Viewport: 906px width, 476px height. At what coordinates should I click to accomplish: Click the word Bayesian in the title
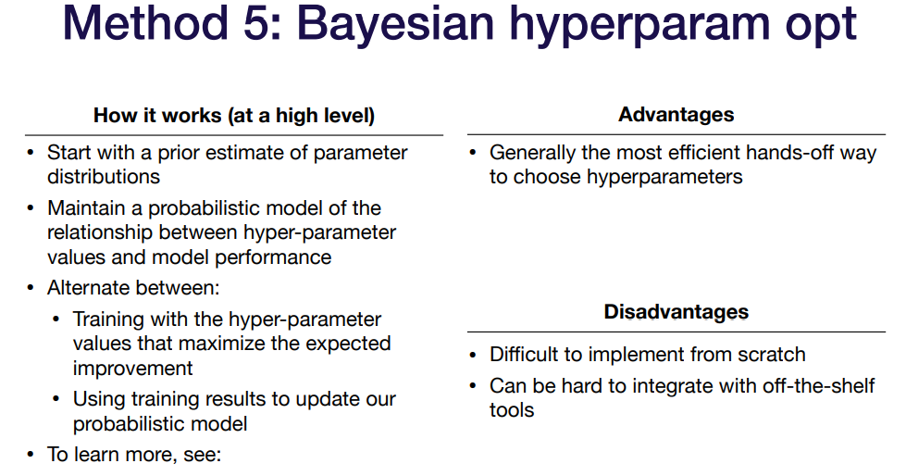coord(396,23)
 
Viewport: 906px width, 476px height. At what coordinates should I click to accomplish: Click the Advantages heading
coord(676,115)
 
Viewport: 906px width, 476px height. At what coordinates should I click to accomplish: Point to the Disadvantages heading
coord(676,312)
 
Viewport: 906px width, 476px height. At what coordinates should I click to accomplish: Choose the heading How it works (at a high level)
coord(234,116)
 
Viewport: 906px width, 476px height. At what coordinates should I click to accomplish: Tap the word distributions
coord(104,176)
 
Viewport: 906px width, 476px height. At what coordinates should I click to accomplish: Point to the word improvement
coord(133,369)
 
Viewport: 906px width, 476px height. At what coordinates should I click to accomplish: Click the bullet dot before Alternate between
coord(31,288)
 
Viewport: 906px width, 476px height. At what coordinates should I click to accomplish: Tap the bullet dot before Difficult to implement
coord(473,355)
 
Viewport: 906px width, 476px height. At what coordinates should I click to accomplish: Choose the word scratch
coord(770,355)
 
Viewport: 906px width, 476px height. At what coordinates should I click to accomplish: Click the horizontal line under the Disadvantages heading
coord(676,332)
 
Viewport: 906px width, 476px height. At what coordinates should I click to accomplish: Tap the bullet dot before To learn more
coord(31,455)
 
